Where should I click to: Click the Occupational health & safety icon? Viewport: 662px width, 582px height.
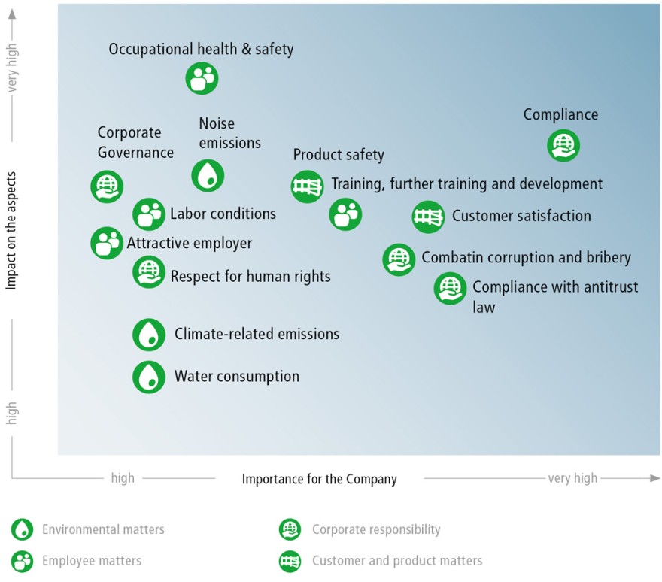click(x=202, y=78)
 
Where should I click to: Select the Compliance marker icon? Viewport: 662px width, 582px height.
click(x=563, y=146)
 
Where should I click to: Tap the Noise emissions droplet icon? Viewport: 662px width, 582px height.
click(x=208, y=175)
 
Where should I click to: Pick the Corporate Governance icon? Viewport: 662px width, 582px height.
click(x=107, y=186)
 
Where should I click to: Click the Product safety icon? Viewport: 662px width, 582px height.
click(x=308, y=186)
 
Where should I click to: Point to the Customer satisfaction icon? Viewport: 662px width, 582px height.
click(x=428, y=217)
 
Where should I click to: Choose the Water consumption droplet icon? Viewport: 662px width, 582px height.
click(x=149, y=377)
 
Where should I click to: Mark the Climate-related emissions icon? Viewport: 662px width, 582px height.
click(x=149, y=335)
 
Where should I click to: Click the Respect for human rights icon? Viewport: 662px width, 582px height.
click(x=149, y=272)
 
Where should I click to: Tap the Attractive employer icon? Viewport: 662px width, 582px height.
click(x=107, y=243)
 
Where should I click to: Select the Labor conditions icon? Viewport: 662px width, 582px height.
click(x=149, y=214)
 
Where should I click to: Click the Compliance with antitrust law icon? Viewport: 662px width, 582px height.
click(x=450, y=289)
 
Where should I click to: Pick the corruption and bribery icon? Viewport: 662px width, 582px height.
click(x=399, y=259)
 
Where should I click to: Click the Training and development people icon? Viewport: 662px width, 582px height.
click(x=345, y=214)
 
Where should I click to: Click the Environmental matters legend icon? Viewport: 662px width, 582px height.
click(x=22, y=529)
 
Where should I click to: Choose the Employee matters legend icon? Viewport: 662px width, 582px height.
click(x=22, y=561)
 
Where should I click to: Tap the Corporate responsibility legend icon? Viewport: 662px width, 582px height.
click(x=290, y=529)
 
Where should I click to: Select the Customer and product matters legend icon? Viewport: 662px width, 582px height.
click(x=290, y=561)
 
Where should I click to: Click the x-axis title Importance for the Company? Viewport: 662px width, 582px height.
click(x=319, y=480)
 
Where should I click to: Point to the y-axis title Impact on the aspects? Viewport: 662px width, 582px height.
click(x=11, y=230)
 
